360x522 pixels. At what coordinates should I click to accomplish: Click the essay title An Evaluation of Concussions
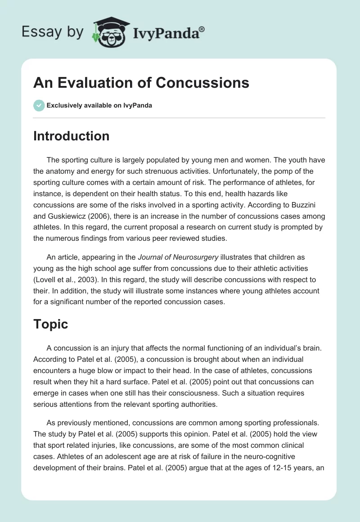click(141, 83)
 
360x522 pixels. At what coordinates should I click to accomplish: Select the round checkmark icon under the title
click(39, 105)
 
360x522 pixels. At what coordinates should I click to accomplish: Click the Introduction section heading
click(71, 136)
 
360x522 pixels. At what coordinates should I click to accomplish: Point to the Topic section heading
click(50, 324)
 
